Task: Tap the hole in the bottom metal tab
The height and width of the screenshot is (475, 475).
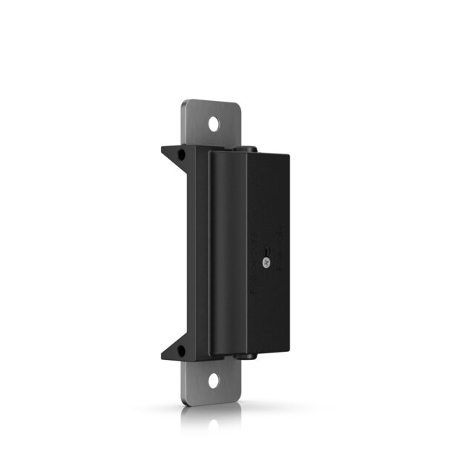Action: tap(214, 381)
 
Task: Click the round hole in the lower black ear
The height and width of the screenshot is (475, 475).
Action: tap(180, 350)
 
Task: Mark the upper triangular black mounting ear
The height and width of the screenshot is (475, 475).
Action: tap(177, 154)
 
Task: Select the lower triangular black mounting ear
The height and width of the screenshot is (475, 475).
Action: tap(177, 351)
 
